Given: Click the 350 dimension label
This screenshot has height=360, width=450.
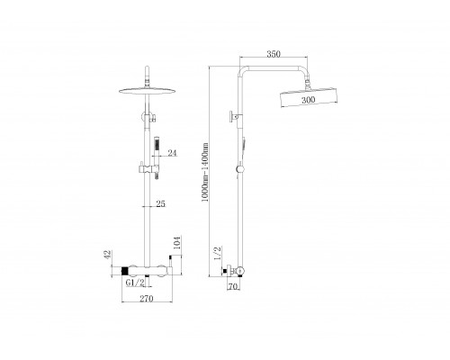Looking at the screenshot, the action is click(274, 54).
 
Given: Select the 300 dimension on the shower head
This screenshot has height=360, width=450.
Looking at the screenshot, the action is click(309, 100).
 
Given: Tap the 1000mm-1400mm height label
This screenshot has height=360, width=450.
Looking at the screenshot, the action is click(205, 172).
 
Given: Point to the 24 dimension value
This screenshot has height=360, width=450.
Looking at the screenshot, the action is click(172, 153).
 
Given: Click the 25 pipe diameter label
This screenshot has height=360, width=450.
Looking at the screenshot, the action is click(161, 203).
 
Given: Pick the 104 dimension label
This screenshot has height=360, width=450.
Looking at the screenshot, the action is click(177, 243).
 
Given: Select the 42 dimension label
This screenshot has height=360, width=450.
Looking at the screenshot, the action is click(108, 255).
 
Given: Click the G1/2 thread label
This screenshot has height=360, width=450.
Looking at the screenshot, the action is click(135, 283).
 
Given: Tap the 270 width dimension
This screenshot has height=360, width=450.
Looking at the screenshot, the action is click(147, 299).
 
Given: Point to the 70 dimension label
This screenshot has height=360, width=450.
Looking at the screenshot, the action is click(233, 287).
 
